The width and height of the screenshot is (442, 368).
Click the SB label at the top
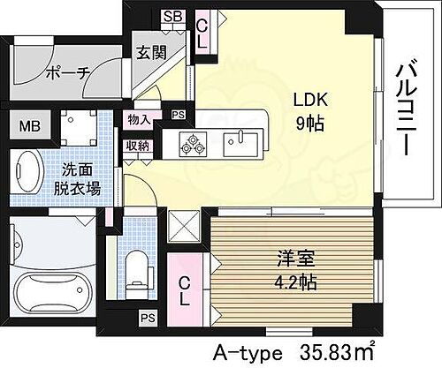[173, 17]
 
